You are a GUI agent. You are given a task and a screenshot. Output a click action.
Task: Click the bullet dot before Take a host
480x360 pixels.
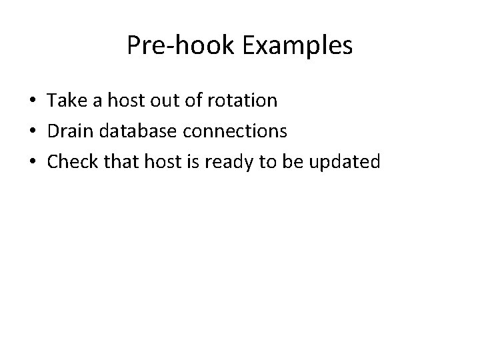click(x=32, y=101)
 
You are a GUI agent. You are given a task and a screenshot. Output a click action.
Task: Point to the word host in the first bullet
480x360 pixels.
click(x=127, y=101)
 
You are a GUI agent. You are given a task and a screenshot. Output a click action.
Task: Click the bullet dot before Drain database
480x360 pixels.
click(x=32, y=132)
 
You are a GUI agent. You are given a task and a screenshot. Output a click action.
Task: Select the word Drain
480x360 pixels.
click(x=69, y=131)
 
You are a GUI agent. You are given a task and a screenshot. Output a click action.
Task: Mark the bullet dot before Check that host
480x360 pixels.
click(x=32, y=163)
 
